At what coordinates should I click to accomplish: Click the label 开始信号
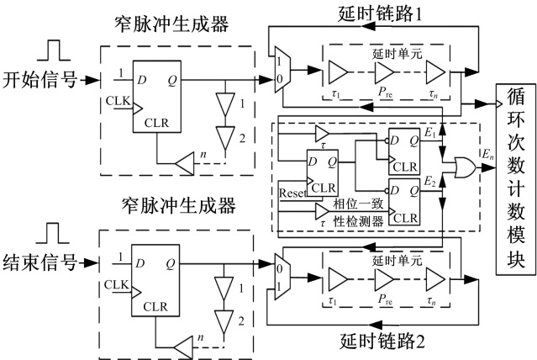[x=39, y=81]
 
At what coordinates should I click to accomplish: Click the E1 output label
[x=430, y=132]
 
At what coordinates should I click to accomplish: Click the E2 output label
[x=430, y=182]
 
